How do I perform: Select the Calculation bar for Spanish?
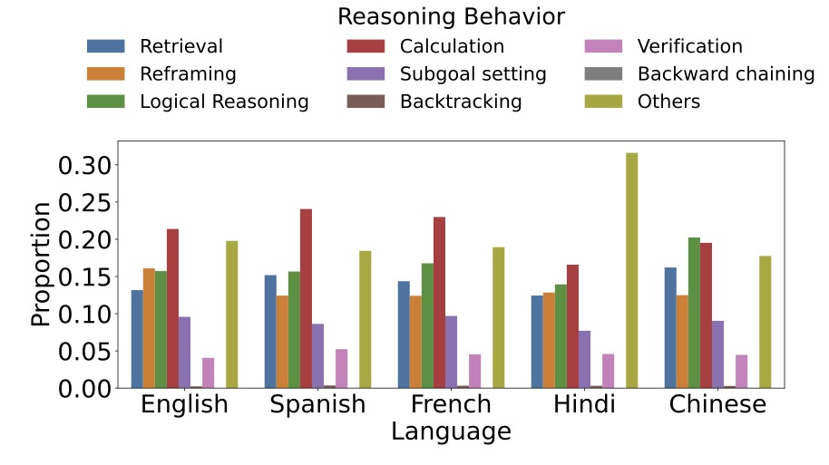306,298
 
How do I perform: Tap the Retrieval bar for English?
137,339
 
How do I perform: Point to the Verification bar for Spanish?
341,368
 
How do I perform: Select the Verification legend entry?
689,46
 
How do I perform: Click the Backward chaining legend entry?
726,73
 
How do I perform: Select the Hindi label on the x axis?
584,404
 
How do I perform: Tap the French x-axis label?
451,404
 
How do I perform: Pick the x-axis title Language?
451,431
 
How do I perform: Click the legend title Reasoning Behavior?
451,16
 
